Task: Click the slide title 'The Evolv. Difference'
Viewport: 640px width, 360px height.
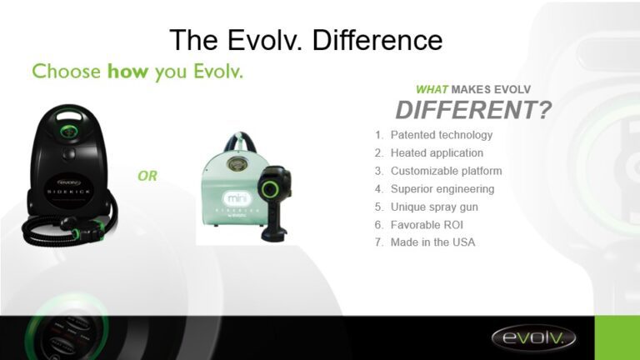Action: click(306, 39)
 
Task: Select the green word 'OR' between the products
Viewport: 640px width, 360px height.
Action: click(147, 177)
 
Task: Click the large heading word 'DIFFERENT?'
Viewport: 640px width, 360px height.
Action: click(473, 110)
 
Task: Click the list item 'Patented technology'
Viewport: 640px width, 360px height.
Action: click(441, 135)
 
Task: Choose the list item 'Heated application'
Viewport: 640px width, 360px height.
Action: click(436, 153)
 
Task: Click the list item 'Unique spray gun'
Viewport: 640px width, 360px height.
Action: click(434, 207)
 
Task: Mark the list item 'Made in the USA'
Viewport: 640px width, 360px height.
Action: click(432, 242)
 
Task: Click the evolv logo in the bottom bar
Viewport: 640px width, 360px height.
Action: click(532, 337)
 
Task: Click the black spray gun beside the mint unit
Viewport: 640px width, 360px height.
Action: click(274, 200)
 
